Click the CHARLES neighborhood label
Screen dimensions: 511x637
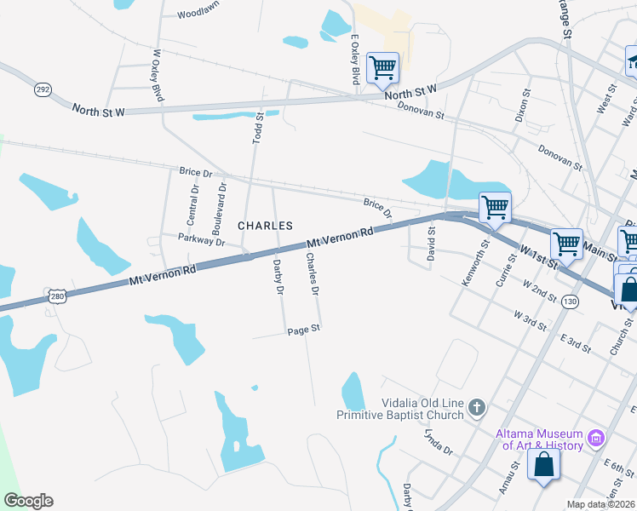point(265,226)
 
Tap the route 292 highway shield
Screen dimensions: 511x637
point(43,89)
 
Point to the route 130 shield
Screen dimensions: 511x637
point(570,302)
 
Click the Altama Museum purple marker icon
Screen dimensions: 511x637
point(595,439)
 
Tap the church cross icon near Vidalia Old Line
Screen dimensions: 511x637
point(477,408)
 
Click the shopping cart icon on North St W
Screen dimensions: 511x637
point(382,66)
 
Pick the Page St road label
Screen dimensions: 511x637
point(303,330)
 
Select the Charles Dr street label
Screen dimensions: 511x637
point(313,274)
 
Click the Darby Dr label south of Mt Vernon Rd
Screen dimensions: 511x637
point(277,278)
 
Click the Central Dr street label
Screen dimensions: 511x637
point(193,205)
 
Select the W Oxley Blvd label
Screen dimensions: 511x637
point(157,75)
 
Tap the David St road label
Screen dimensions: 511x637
point(431,241)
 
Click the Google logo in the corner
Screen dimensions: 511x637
point(28,501)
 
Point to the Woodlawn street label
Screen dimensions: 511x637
point(198,14)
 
